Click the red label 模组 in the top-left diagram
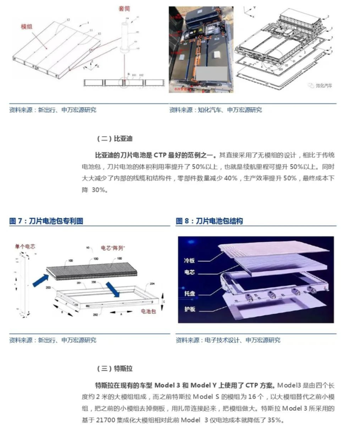28,28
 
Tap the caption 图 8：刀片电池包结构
209,221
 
